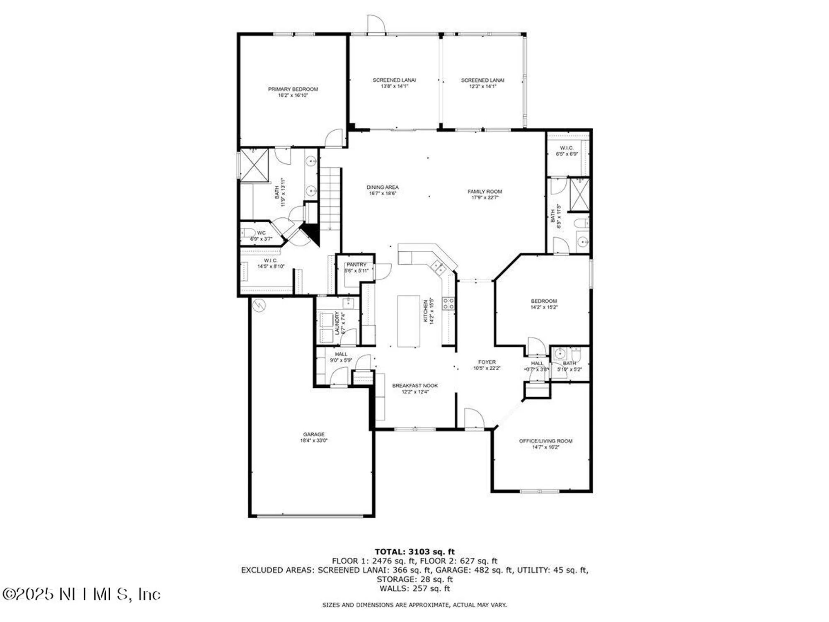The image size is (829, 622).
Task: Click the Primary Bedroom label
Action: point(293,89)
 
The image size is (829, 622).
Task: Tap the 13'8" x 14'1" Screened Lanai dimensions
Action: point(394,86)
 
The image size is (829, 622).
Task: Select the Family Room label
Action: point(485,192)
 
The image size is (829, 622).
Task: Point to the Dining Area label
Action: point(382,187)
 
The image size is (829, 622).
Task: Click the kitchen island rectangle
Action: point(409,321)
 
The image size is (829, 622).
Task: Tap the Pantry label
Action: point(356,265)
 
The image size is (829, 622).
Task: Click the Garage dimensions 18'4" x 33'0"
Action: point(314,440)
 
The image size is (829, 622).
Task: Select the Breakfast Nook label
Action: point(415,386)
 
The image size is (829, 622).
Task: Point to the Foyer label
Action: point(487,362)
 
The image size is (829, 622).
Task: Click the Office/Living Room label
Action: point(545,441)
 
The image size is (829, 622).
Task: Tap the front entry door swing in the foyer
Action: point(473,418)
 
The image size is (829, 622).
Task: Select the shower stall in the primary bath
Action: point(255,165)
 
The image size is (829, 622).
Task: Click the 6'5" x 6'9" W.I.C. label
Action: point(567,148)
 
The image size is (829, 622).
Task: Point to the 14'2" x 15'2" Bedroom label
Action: point(544,301)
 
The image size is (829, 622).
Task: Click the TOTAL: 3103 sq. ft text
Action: point(414,552)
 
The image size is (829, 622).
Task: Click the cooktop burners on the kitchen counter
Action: point(448,303)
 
